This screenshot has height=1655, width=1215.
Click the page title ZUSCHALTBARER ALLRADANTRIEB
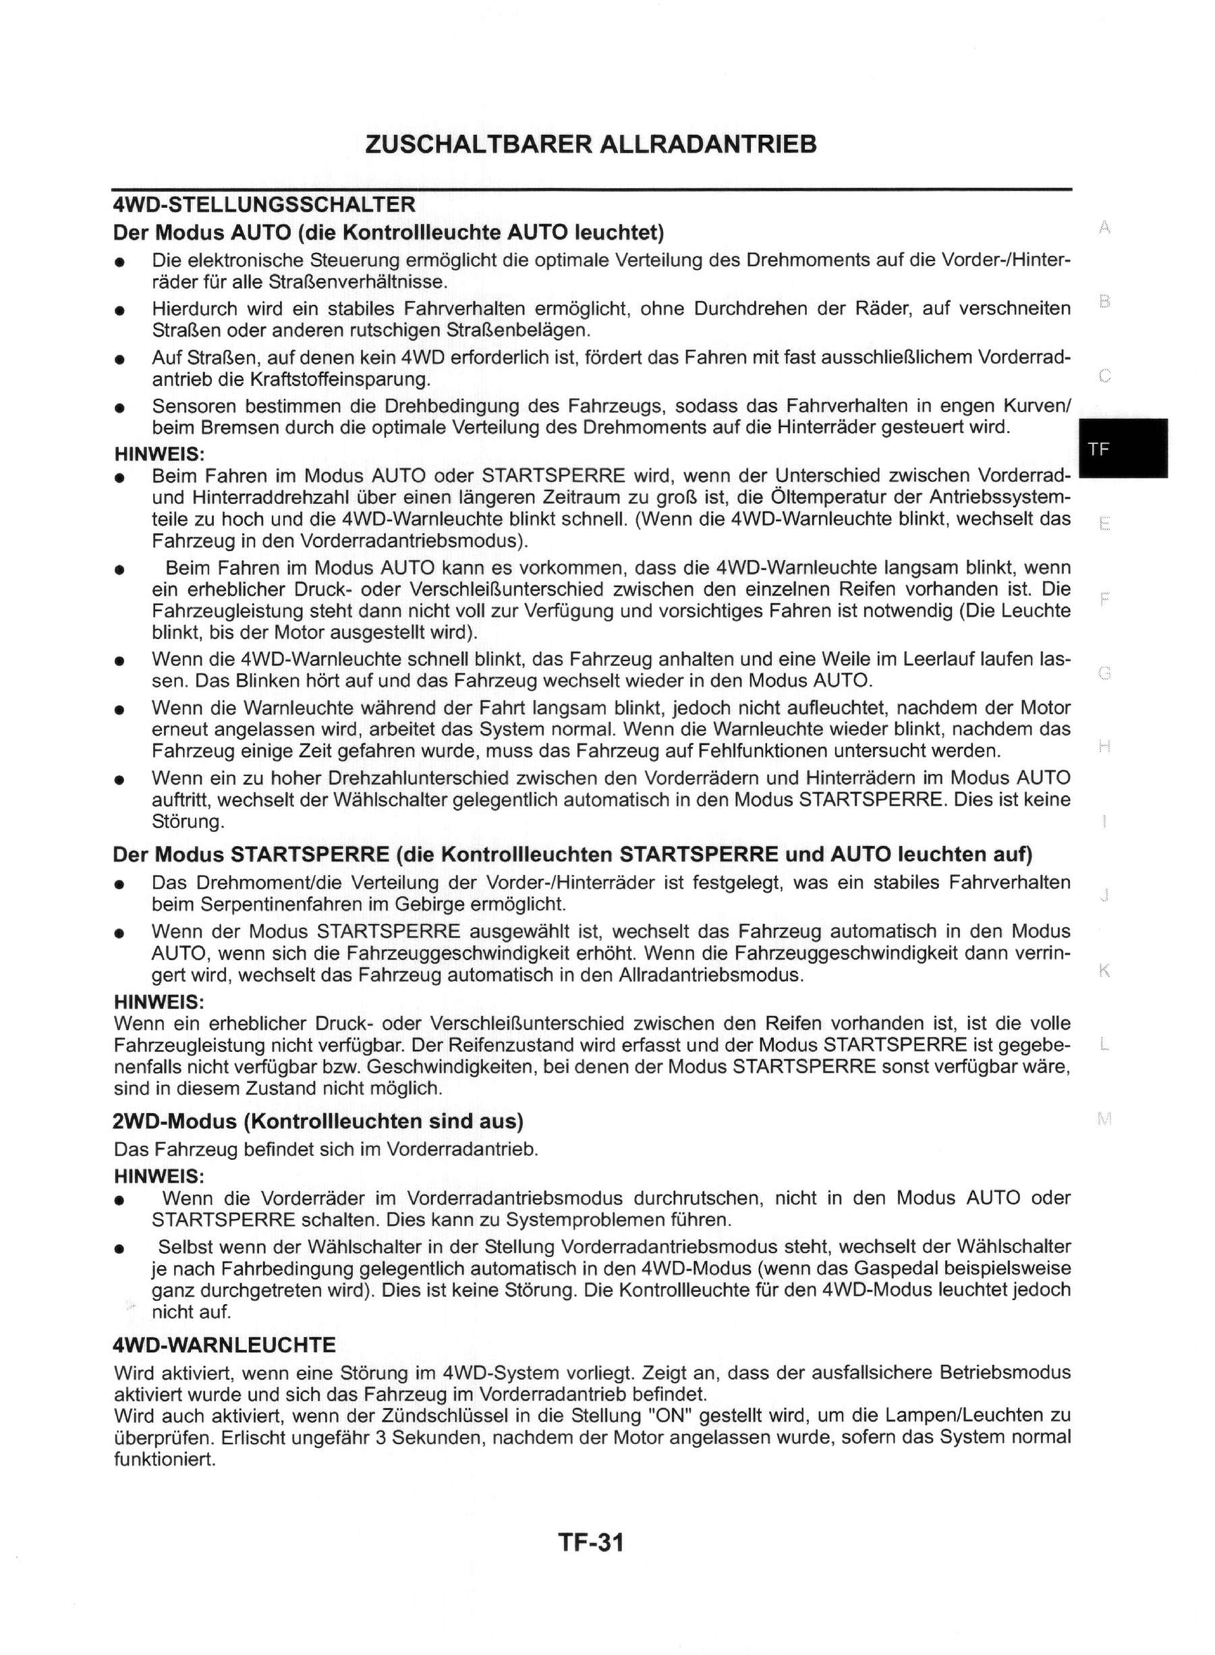coord(590,144)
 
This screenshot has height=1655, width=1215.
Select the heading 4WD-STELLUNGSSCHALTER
coord(264,204)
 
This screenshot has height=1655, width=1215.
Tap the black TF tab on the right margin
coord(1123,449)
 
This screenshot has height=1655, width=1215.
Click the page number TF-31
coord(590,1542)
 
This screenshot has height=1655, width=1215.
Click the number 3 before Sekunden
coord(380,1437)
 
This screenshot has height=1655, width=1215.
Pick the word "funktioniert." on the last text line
coord(165,1459)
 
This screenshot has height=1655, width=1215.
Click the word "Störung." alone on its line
coord(188,821)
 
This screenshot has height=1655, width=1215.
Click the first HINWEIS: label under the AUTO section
coord(159,455)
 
